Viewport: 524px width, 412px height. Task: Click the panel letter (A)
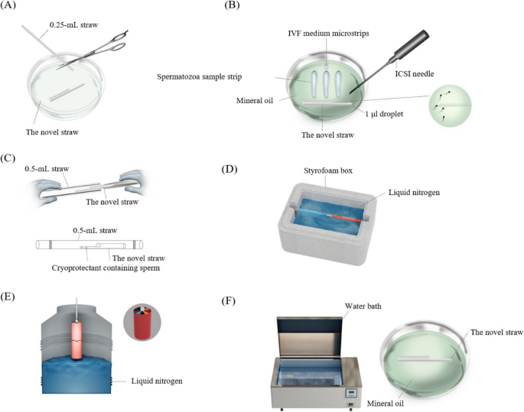pyautogui.click(x=8, y=5)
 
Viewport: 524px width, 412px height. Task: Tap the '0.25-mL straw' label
pyautogui.click(x=74, y=25)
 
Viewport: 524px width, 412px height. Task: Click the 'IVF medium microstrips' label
pyautogui.click(x=328, y=34)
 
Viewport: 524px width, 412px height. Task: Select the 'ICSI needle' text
pyautogui.click(x=415, y=74)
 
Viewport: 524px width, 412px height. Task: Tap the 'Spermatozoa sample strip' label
pyautogui.click(x=199, y=76)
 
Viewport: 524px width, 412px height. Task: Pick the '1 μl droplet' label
pyautogui.click(x=384, y=114)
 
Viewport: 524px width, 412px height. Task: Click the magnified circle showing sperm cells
pyautogui.click(x=450, y=105)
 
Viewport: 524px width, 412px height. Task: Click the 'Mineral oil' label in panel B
pyautogui.click(x=255, y=100)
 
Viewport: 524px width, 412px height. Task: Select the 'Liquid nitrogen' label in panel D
pyautogui.click(x=414, y=193)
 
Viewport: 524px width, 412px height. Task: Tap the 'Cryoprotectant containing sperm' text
pyautogui.click(x=106, y=268)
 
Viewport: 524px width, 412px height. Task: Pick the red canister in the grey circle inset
pyautogui.click(x=142, y=322)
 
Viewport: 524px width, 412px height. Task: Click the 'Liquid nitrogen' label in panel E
pyautogui.click(x=157, y=381)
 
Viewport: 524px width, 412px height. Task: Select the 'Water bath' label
pyautogui.click(x=363, y=306)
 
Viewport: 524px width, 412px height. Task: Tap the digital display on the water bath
pyautogui.click(x=350, y=394)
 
